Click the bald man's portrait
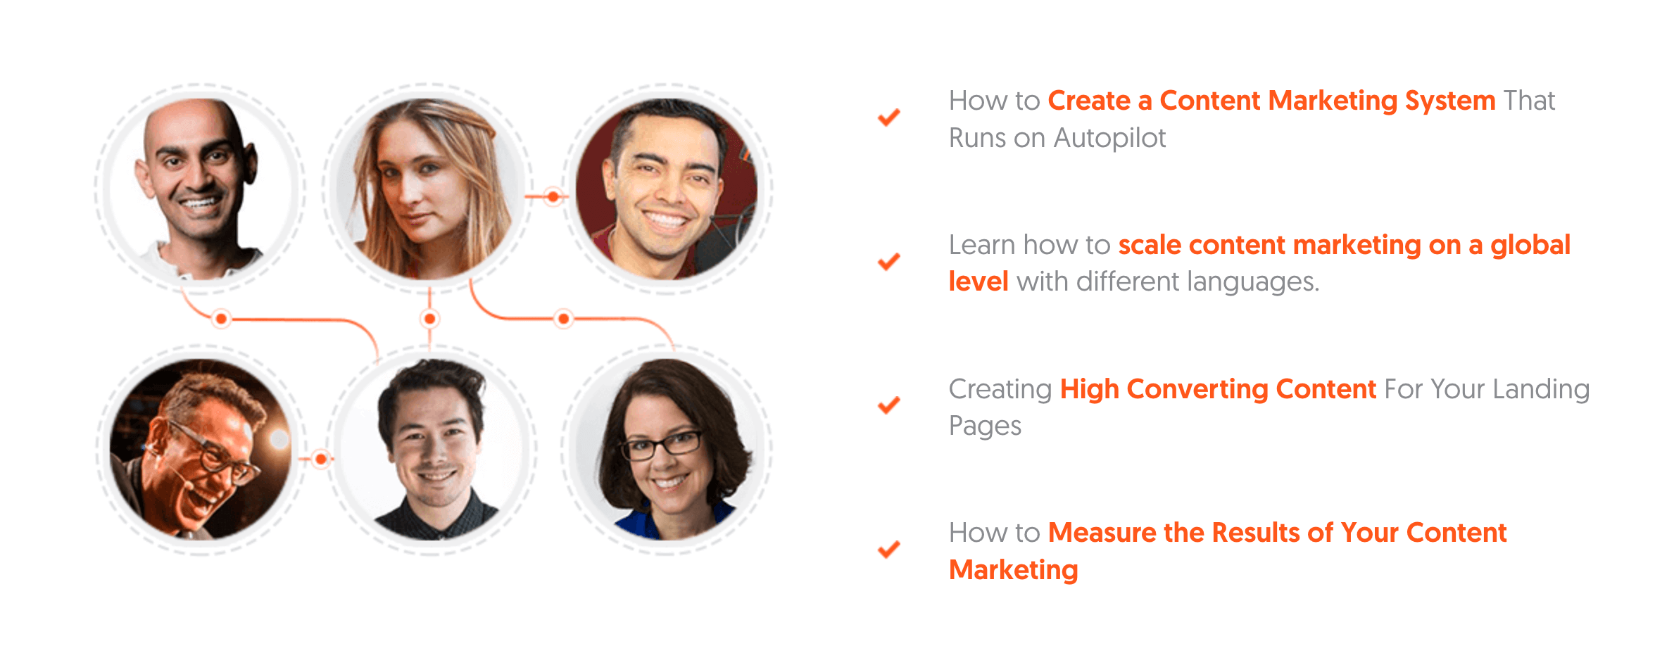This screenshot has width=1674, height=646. point(201,189)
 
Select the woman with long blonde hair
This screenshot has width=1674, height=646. point(429,189)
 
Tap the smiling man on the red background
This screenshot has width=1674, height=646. point(667,189)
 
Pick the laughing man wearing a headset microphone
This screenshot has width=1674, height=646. point(201,449)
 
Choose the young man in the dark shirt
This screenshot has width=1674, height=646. point(431,449)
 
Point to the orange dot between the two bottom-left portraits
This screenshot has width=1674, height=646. point(321,460)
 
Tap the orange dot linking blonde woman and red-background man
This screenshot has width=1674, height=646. point(554,196)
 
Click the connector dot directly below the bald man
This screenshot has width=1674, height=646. point(222,319)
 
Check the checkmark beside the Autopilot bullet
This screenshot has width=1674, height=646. point(889,117)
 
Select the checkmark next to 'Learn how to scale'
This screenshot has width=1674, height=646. point(889,261)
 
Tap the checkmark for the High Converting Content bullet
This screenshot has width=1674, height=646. point(889,405)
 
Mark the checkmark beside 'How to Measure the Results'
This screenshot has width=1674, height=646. point(889,548)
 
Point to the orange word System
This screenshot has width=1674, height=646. point(1450,101)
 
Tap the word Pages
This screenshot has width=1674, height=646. point(985,426)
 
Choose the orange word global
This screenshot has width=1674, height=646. point(1530,245)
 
